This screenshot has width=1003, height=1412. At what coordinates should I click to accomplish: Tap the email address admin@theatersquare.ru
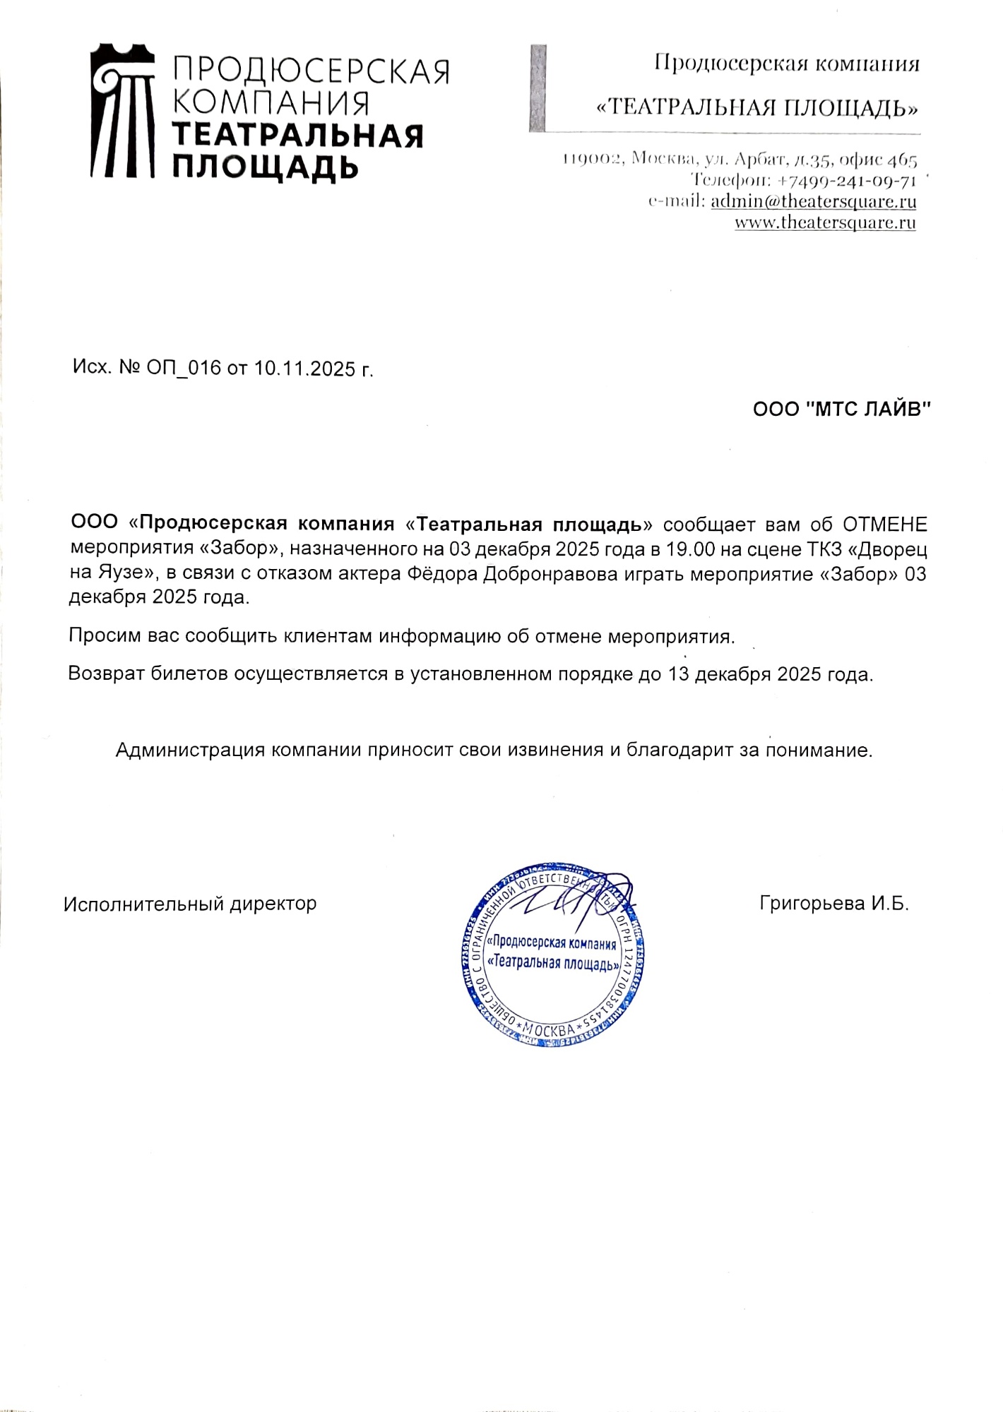813,201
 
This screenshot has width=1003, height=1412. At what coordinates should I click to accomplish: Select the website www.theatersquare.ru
825,223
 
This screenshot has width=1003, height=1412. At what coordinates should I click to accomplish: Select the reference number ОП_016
184,368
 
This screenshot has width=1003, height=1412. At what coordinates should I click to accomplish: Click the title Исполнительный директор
190,904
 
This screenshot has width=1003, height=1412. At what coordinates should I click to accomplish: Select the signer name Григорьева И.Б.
834,904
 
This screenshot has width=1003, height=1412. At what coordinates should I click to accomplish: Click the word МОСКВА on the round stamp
549,1029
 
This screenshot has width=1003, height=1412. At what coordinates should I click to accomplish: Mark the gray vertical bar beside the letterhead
538,88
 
